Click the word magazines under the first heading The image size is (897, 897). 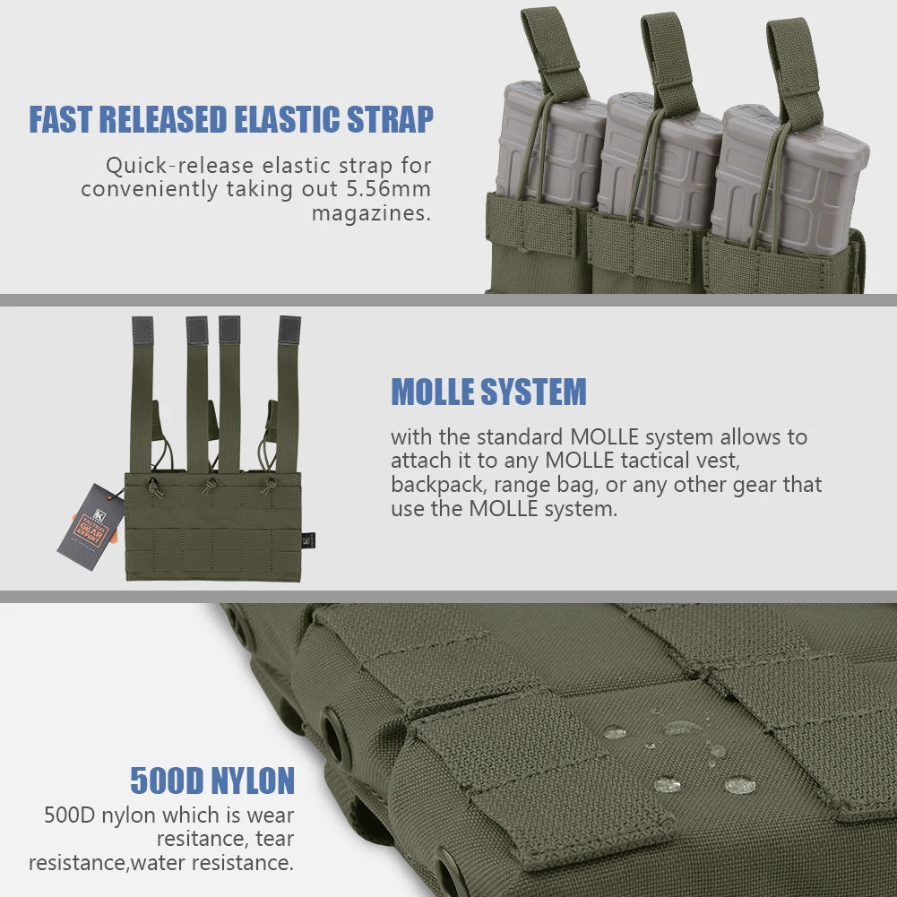(x=371, y=213)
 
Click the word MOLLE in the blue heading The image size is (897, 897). (x=433, y=392)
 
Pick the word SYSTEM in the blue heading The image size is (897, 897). (x=534, y=392)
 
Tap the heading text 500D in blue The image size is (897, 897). (x=167, y=781)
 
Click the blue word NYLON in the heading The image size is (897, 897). (x=253, y=781)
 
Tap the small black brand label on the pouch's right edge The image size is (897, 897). (x=308, y=540)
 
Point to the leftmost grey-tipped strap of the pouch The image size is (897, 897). (x=142, y=394)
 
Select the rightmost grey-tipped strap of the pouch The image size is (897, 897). (x=288, y=394)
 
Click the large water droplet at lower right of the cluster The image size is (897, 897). (x=739, y=786)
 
